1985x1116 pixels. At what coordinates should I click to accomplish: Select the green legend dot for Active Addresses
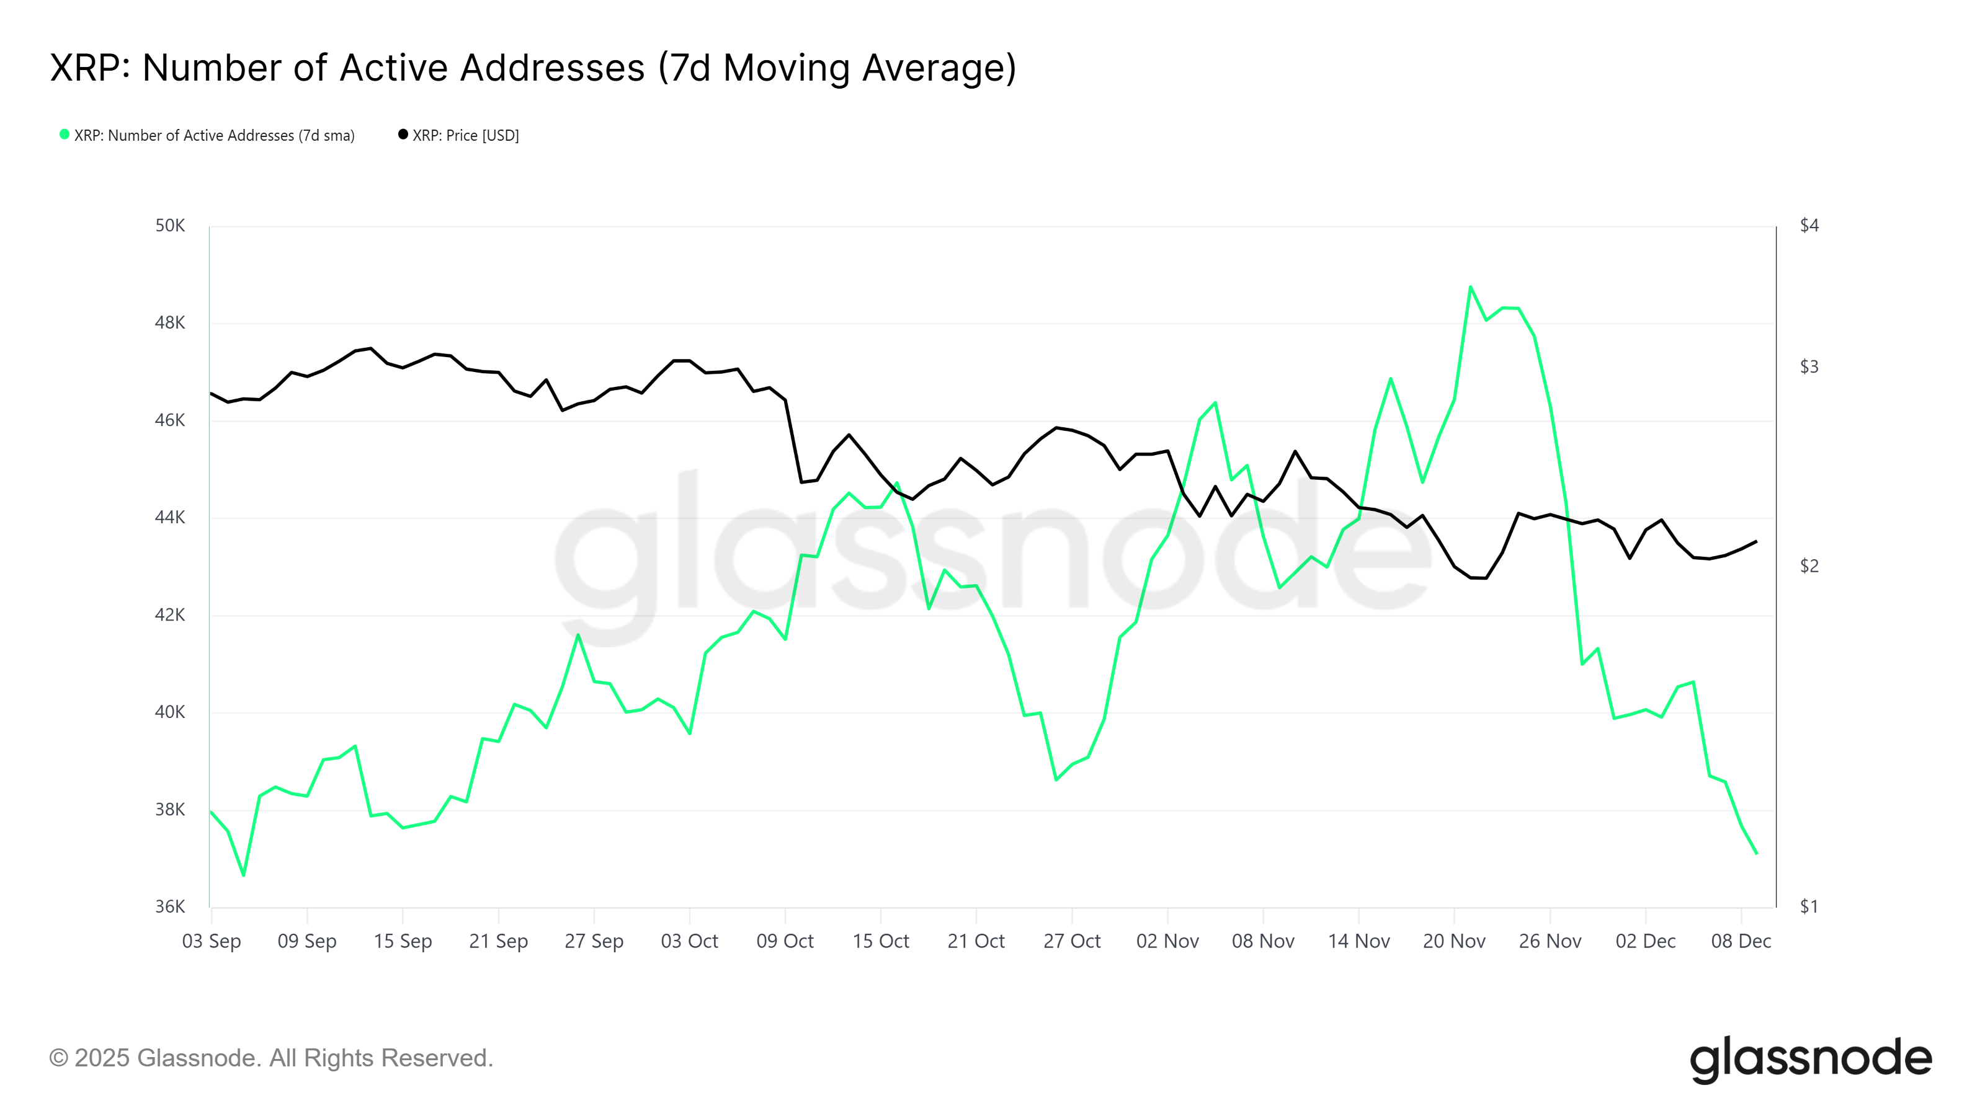click(65, 135)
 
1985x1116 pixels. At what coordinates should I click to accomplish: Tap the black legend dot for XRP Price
click(402, 135)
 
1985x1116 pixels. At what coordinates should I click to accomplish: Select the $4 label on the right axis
click(1809, 226)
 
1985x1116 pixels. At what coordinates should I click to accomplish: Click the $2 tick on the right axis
click(1809, 566)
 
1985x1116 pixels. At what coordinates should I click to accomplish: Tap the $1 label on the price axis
click(1809, 906)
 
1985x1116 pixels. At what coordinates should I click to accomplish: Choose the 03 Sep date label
click(211, 941)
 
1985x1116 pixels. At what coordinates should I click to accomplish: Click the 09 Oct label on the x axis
click(785, 941)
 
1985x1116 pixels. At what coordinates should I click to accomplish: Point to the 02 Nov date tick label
click(1167, 941)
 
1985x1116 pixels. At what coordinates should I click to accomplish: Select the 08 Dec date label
click(1741, 941)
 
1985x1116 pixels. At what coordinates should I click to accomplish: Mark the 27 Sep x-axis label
click(594, 941)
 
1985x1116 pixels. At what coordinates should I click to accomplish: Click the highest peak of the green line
click(1470, 287)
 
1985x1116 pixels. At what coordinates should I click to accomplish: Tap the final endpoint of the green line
click(1756, 853)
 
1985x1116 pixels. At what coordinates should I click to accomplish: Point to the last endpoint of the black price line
click(1756, 541)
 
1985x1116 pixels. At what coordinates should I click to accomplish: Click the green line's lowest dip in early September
click(244, 875)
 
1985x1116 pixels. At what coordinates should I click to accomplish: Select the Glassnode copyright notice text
click(270, 1058)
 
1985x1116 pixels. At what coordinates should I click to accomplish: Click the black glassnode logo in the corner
click(1810, 1059)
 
